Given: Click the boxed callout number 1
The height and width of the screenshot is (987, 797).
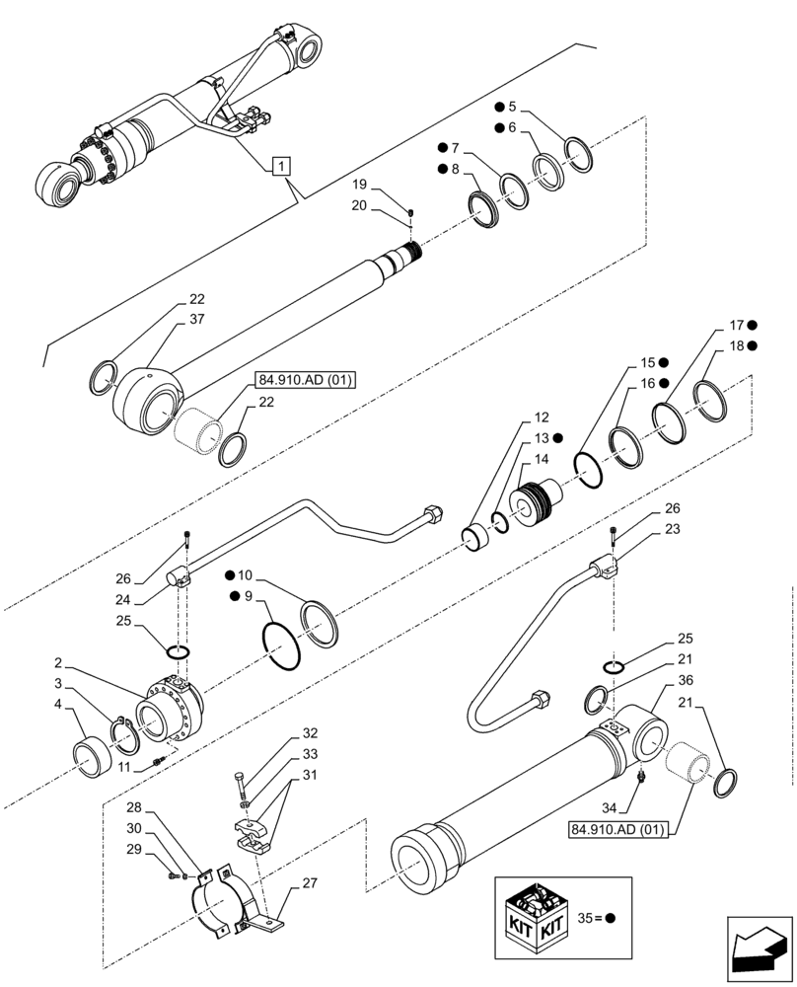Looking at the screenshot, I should click(281, 166).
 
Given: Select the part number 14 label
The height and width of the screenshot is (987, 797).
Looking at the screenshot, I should click(543, 460).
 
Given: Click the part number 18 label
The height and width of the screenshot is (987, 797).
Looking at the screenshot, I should click(735, 345).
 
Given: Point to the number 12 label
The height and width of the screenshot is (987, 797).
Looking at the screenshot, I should click(543, 418).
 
